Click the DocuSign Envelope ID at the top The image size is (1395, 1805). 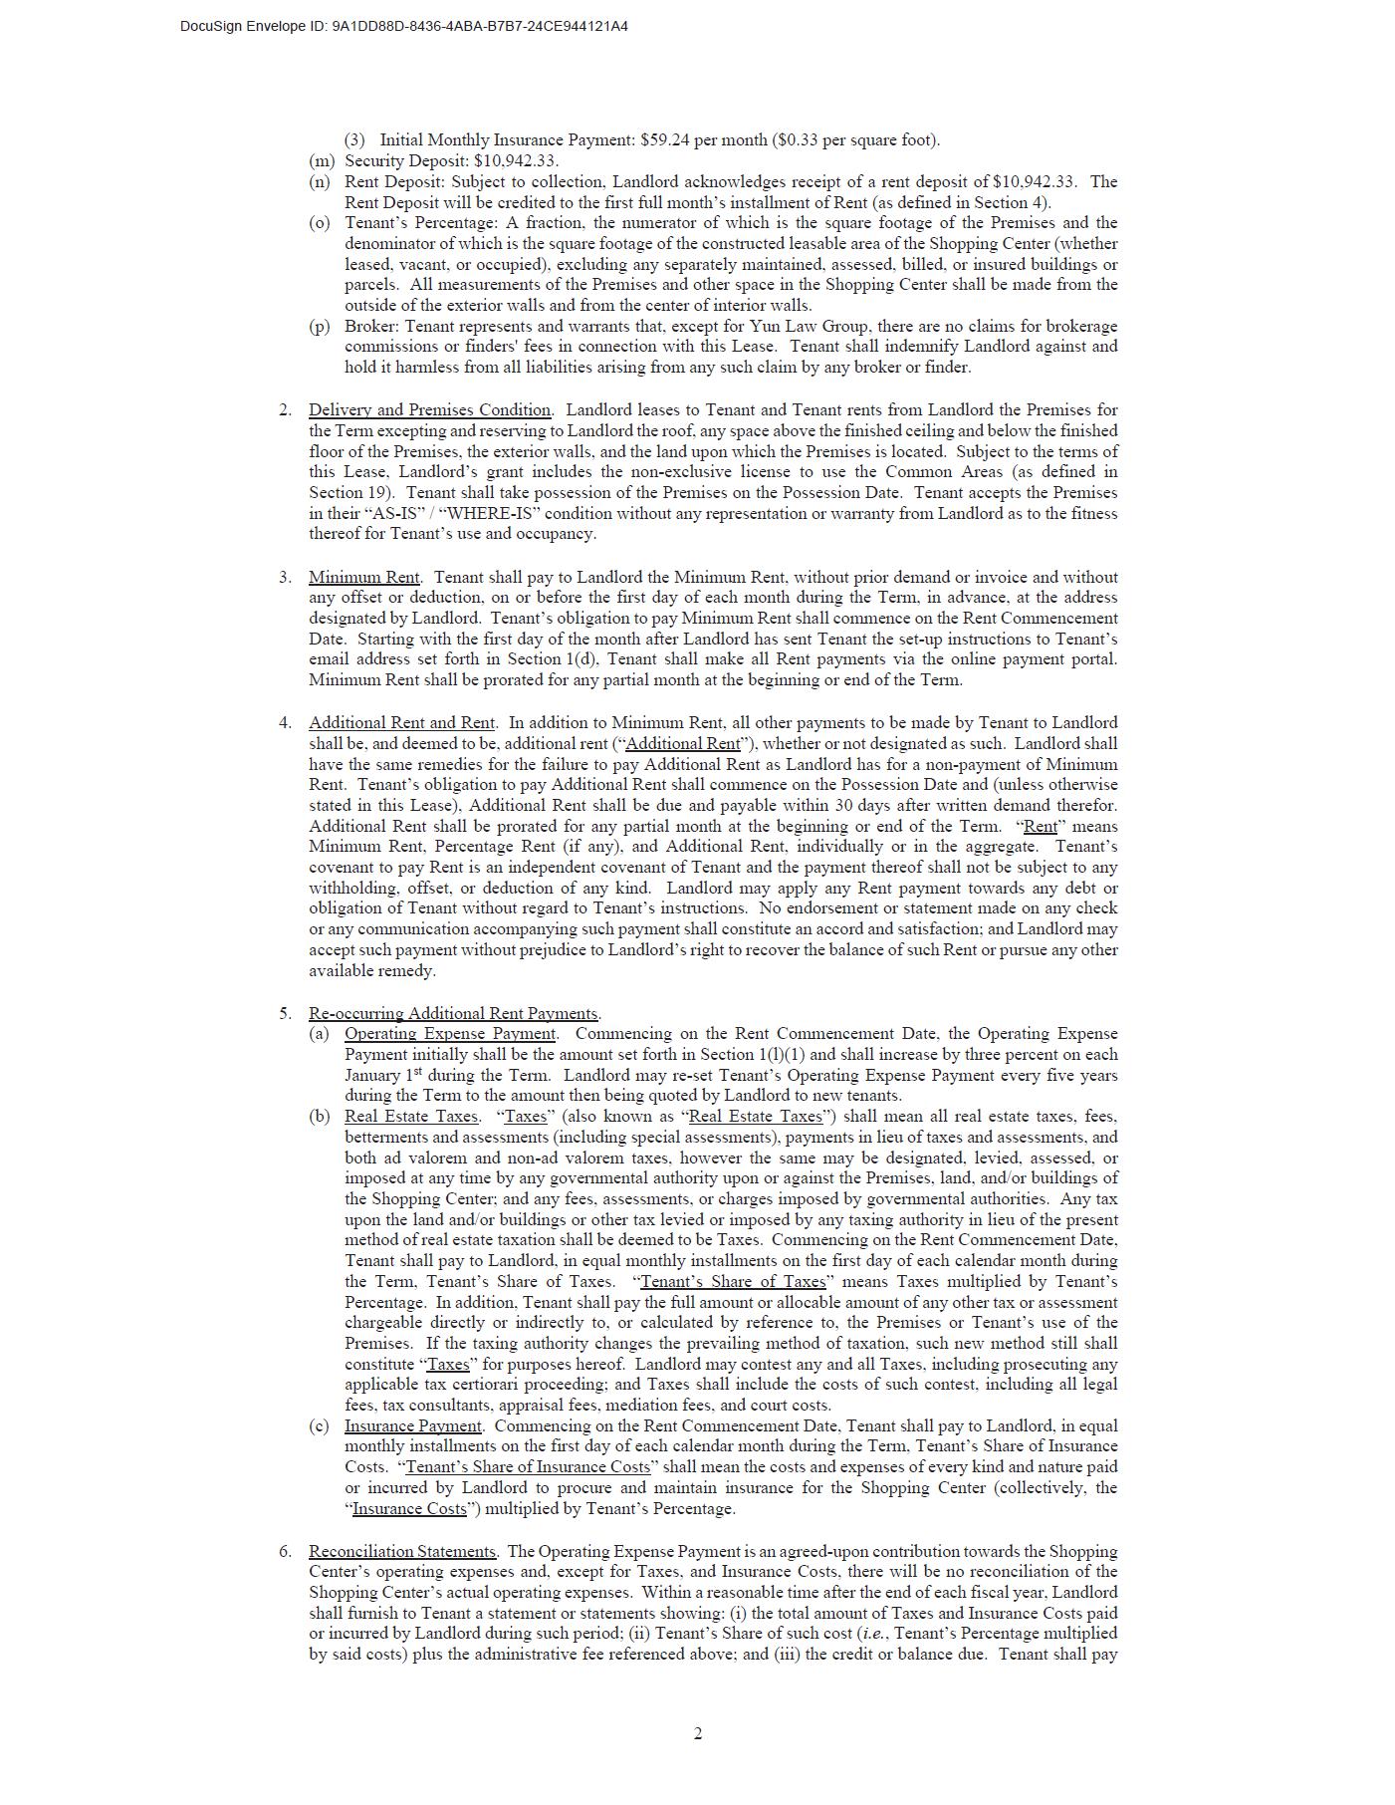[403, 26]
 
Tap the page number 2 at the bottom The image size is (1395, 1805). [697, 1734]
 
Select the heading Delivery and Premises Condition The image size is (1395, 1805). [429, 410]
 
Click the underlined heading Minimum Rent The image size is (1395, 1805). [364, 578]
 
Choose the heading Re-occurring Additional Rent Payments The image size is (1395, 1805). [454, 1014]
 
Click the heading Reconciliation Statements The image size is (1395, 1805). [402, 1552]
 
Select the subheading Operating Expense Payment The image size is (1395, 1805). [450, 1034]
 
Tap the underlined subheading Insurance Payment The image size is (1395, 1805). [413, 1426]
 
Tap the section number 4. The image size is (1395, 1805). [285, 723]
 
